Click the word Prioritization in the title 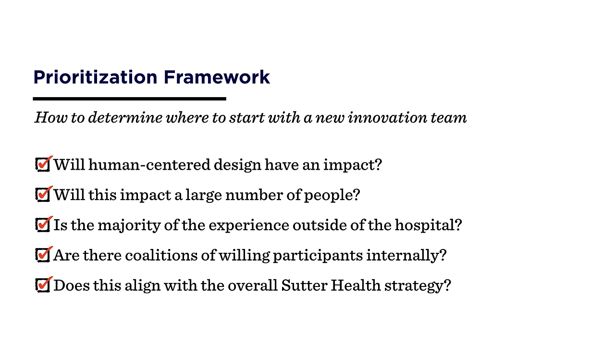click(95, 77)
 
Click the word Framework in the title click(217, 77)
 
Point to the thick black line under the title click(129, 99)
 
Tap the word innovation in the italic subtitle click(387, 118)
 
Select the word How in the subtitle click(51, 118)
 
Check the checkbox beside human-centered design click(43, 165)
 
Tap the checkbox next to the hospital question click(43, 225)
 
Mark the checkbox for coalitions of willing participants click(43, 255)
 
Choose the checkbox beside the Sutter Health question click(43, 286)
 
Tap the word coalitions click(161, 255)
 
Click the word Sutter click(304, 286)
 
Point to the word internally click(406, 256)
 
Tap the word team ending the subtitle click(448, 118)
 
